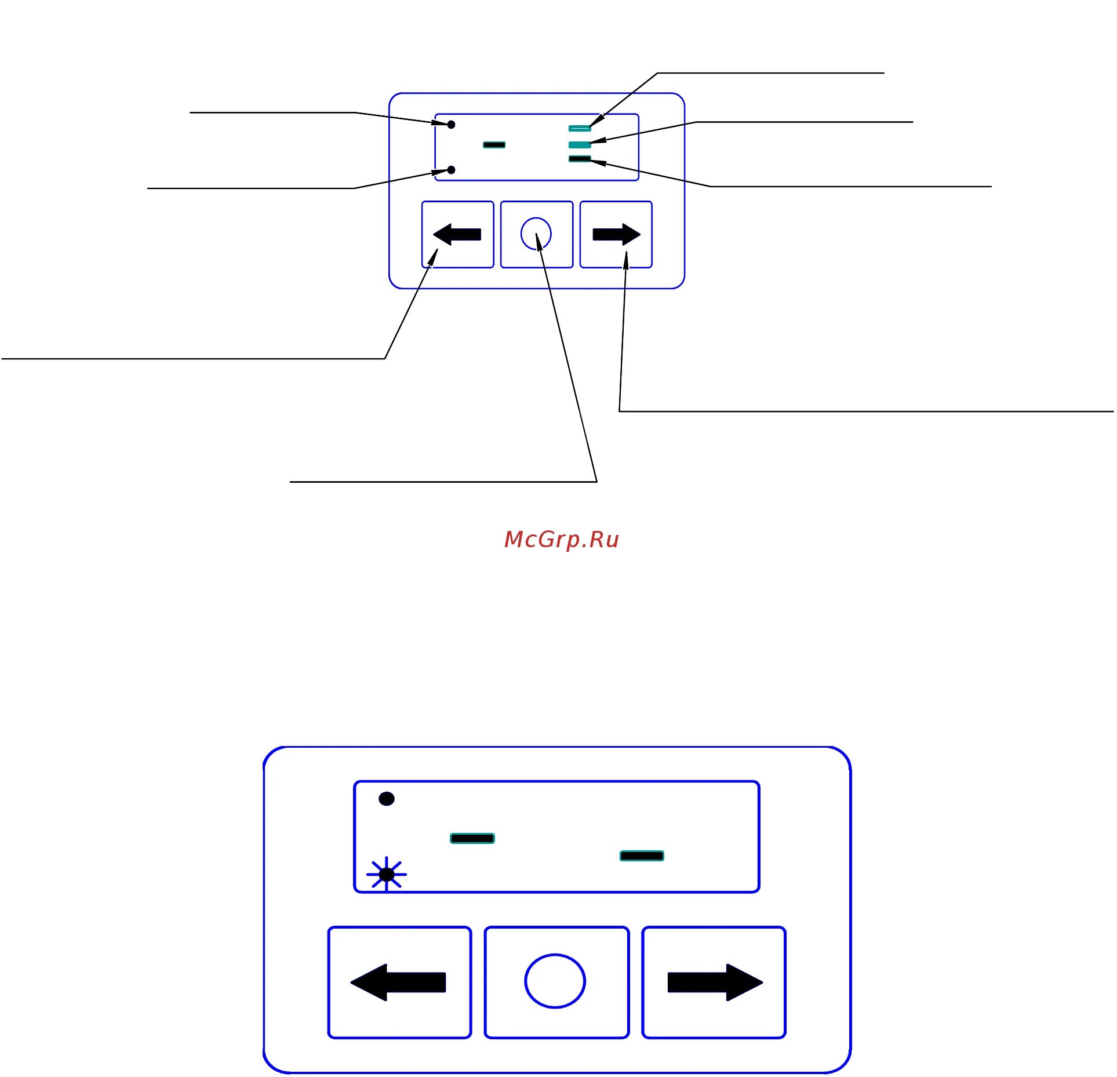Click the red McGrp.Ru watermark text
click(x=561, y=540)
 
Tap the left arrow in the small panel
click(x=457, y=235)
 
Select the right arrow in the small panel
click(x=616, y=235)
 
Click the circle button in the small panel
click(x=536, y=234)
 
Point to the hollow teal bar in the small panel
click(x=579, y=128)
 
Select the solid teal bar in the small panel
click(x=579, y=144)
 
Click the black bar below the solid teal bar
click(x=579, y=159)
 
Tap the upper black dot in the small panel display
click(x=451, y=125)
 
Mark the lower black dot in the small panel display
click(x=451, y=170)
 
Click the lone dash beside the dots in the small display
click(x=494, y=144)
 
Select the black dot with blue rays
click(x=387, y=874)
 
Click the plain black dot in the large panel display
click(x=387, y=799)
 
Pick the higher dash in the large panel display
click(x=472, y=838)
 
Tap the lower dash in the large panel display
click(x=642, y=856)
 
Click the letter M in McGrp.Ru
click(x=514, y=539)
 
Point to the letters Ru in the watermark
click(x=604, y=540)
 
